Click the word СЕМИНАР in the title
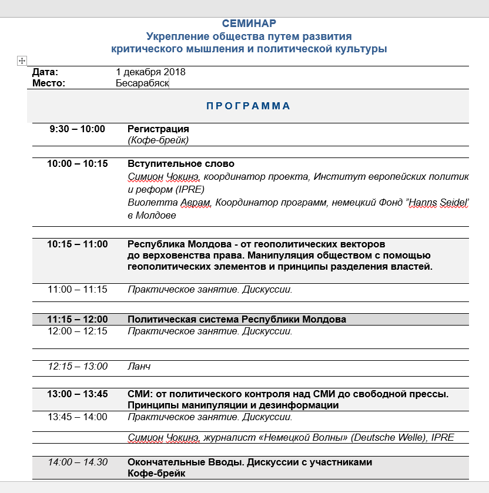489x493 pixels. [249, 24]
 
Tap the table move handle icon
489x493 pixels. [22, 61]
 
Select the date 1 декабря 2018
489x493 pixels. [150, 72]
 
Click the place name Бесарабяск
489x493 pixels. [142, 83]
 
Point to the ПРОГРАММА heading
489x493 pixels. [248, 106]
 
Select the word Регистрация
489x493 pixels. [158, 129]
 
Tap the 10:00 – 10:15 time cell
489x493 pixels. [77, 164]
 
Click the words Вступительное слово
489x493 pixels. [181, 164]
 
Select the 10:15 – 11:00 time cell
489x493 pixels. [77, 244]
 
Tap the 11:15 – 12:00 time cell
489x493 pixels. [77, 320]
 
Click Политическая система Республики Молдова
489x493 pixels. [237, 320]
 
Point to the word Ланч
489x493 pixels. [139, 367]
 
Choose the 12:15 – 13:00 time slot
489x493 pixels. [77, 367]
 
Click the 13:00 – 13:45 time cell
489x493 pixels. [77, 394]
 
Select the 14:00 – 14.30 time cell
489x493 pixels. [77, 462]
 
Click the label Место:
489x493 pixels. [49, 83]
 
